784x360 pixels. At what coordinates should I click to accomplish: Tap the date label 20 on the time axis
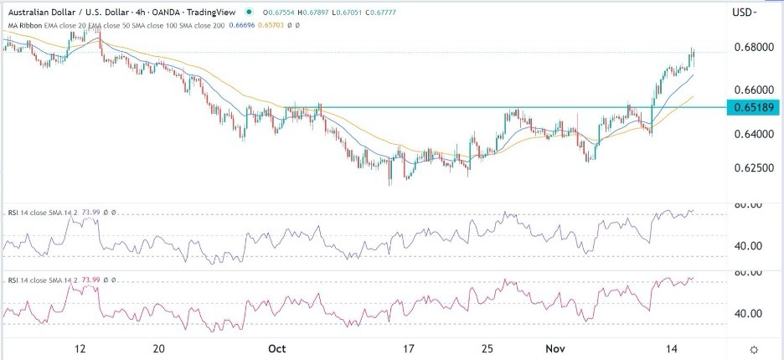point(162,348)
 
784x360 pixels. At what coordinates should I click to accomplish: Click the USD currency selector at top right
point(744,13)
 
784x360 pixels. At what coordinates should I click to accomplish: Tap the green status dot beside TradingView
point(249,12)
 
